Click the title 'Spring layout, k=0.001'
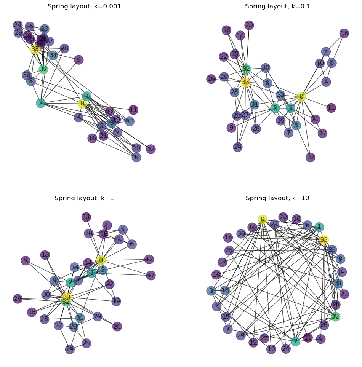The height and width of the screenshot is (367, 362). pyautogui.click(x=84, y=6)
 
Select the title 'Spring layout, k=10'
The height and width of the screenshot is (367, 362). pyautogui.click(x=277, y=198)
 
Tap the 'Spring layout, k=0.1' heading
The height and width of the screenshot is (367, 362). pyautogui.click(x=277, y=6)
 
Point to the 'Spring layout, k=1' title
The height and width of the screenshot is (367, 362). pyautogui.click(x=84, y=198)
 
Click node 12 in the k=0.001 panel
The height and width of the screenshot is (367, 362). pyautogui.click(x=151, y=149)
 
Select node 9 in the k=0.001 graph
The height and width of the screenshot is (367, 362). pyautogui.click(x=79, y=60)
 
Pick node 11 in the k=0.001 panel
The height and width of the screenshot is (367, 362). pyautogui.click(x=133, y=110)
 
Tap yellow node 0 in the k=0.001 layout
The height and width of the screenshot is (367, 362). pyautogui.click(x=82, y=104)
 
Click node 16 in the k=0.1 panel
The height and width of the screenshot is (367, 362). pyautogui.click(x=344, y=34)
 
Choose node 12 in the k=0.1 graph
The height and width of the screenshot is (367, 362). pyautogui.click(x=311, y=157)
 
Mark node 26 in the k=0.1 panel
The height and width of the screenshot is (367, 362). pyautogui.click(x=211, y=79)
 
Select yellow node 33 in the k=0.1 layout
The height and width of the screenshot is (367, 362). pyautogui.click(x=245, y=82)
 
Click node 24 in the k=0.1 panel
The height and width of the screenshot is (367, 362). pyautogui.click(x=238, y=147)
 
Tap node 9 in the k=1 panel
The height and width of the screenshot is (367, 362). pyautogui.click(x=26, y=260)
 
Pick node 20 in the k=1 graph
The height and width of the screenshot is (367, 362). pyautogui.click(x=18, y=299)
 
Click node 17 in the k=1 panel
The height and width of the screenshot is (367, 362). pyautogui.click(x=151, y=275)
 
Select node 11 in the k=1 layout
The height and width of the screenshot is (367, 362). pyautogui.click(x=86, y=217)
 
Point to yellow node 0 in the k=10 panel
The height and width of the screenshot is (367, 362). pyautogui.click(x=263, y=219)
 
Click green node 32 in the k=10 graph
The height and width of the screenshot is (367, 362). pyautogui.click(x=335, y=316)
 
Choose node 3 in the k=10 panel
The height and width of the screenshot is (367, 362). pyautogui.click(x=211, y=291)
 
